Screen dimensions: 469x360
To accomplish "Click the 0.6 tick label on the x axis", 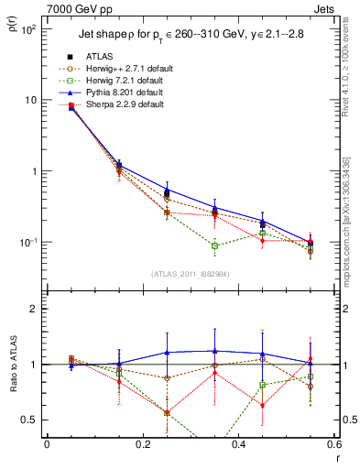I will [334, 446].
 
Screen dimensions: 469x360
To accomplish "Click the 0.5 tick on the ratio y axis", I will [28, 420].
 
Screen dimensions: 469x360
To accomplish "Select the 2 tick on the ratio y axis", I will [32, 309].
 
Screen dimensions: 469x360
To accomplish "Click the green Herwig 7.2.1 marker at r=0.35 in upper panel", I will [214, 245].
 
